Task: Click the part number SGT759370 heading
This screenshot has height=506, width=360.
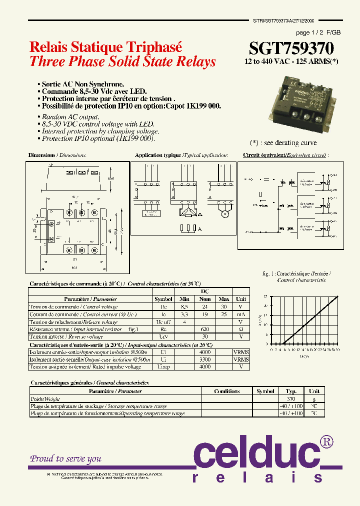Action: (x=291, y=48)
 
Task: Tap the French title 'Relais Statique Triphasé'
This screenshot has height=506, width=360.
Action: (x=106, y=47)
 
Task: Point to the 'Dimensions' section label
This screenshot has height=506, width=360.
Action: (x=41, y=155)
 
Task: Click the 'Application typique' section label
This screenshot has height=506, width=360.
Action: (x=158, y=155)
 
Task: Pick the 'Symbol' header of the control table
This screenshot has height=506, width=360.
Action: (x=163, y=299)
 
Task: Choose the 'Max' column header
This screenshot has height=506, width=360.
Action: (x=223, y=299)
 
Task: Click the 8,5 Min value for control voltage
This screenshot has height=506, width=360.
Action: (x=184, y=306)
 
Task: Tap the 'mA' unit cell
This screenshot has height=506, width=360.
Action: (x=241, y=314)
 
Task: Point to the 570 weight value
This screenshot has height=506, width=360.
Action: (x=291, y=399)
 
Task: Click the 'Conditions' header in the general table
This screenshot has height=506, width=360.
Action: (x=226, y=391)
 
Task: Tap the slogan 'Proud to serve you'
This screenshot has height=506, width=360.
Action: (x=66, y=458)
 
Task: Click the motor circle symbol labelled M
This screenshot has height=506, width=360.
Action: (x=224, y=214)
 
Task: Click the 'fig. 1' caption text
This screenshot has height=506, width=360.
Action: (x=269, y=274)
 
